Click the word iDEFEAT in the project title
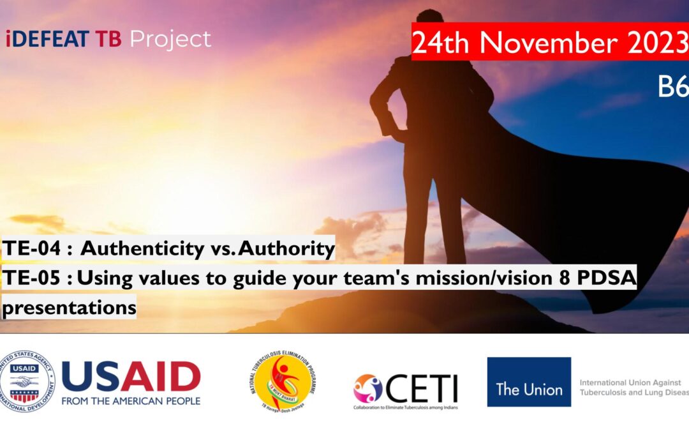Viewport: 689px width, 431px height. (x=48, y=39)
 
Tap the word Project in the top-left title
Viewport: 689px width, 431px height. (x=170, y=40)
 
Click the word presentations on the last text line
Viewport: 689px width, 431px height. (x=69, y=308)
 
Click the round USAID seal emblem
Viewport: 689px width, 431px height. (x=27, y=381)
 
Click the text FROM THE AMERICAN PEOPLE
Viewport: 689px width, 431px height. (x=131, y=401)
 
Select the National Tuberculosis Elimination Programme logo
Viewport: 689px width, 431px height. (x=283, y=381)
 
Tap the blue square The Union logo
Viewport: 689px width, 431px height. (x=529, y=382)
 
